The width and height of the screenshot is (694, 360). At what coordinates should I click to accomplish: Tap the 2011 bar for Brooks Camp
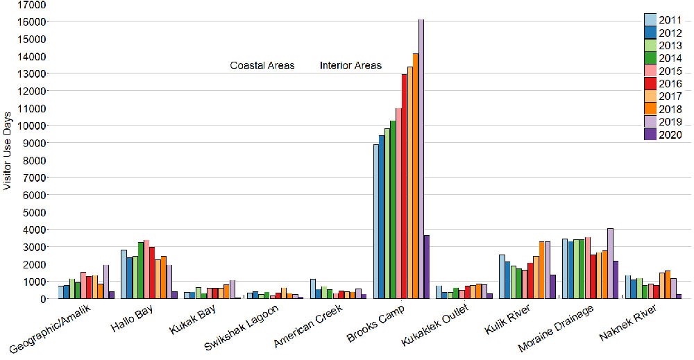click(376, 222)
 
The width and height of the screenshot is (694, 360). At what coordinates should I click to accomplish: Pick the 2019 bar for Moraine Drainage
click(610, 264)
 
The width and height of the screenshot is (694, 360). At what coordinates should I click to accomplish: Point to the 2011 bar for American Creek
click(313, 289)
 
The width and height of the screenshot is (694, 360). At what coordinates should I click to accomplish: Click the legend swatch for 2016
click(650, 84)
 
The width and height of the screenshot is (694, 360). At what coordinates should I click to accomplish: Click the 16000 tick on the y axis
click(32, 22)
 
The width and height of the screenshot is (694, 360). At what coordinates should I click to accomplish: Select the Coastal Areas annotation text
click(262, 66)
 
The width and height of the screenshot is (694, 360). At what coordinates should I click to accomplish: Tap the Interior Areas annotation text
click(350, 66)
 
